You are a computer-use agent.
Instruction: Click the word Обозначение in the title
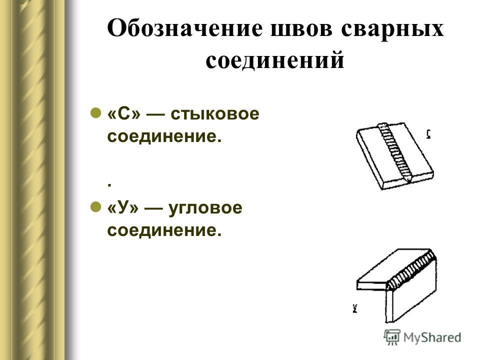pos(185,28)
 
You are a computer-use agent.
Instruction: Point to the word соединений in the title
pos(275,60)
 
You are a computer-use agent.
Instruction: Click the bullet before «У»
pos(96,206)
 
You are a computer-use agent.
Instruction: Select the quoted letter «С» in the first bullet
pos(124,114)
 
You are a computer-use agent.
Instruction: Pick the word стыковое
pos(215,114)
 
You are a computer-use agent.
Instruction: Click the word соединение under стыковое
pos(164,136)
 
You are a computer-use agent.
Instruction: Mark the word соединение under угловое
pos(164,230)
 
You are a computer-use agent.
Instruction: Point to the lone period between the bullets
pos(109,185)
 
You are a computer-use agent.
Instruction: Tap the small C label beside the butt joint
pos(428,134)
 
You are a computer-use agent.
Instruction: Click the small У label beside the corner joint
pos(355,308)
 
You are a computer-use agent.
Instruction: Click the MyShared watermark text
pos(432,337)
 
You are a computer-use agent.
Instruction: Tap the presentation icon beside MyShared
pos(392,337)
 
